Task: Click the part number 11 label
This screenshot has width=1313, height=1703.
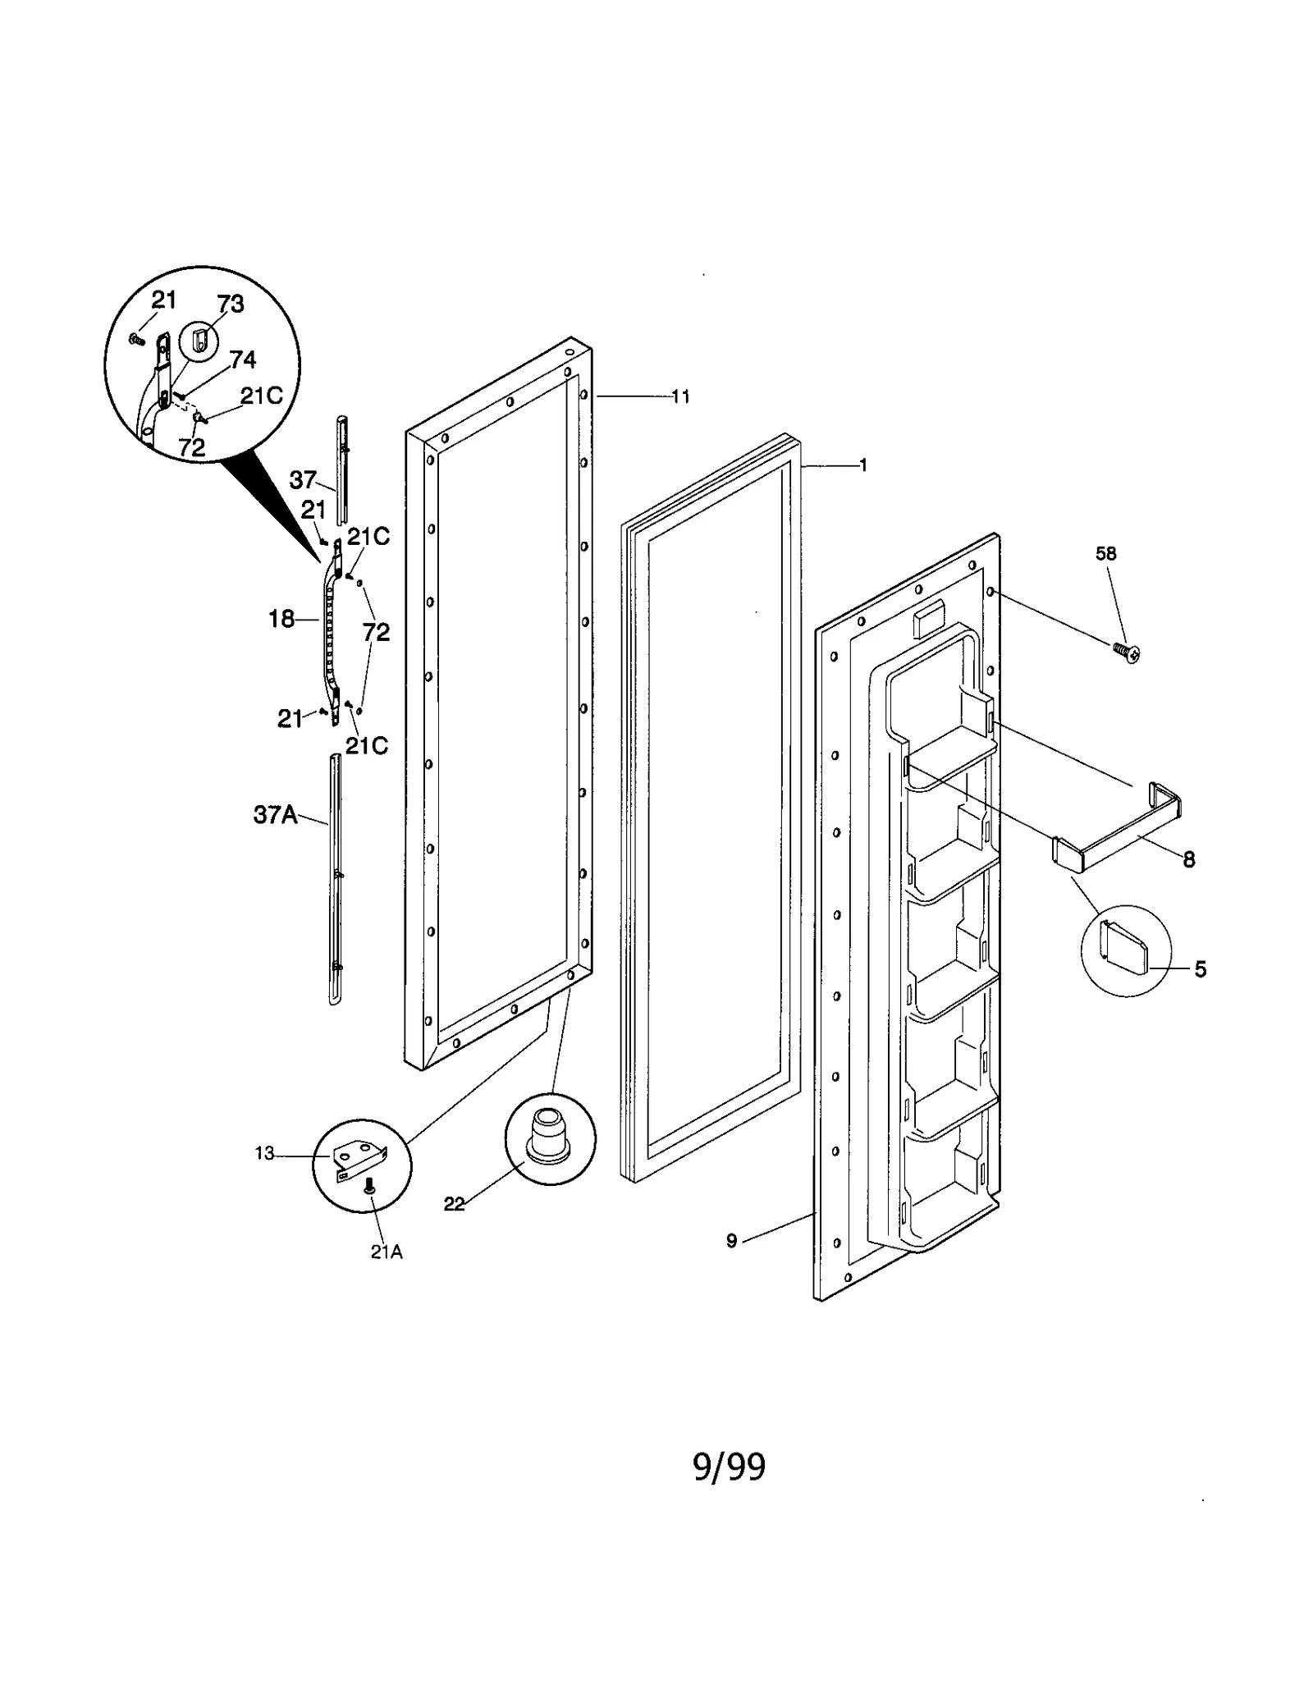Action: pyautogui.click(x=680, y=397)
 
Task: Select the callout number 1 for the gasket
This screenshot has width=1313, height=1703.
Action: pyautogui.click(x=862, y=465)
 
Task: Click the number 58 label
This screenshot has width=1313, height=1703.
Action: pyautogui.click(x=1105, y=554)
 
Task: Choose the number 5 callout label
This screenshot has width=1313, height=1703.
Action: pyautogui.click(x=1200, y=969)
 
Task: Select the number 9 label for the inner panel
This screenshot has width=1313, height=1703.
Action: pyautogui.click(x=732, y=1241)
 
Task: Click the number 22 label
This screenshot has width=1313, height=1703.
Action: pyautogui.click(x=454, y=1204)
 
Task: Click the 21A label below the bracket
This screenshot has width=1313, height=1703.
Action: pyautogui.click(x=386, y=1252)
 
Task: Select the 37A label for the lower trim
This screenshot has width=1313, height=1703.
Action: pyautogui.click(x=275, y=815)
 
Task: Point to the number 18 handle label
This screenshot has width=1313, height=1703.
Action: pyautogui.click(x=281, y=619)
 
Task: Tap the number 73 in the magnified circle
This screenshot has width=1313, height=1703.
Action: pyautogui.click(x=231, y=304)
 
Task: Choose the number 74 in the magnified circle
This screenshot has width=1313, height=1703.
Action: pyautogui.click(x=243, y=359)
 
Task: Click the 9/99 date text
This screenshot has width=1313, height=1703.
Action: pyautogui.click(x=730, y=1467)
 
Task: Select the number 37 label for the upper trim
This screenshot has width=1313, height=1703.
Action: pyautogui.click(x=303, y=480)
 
